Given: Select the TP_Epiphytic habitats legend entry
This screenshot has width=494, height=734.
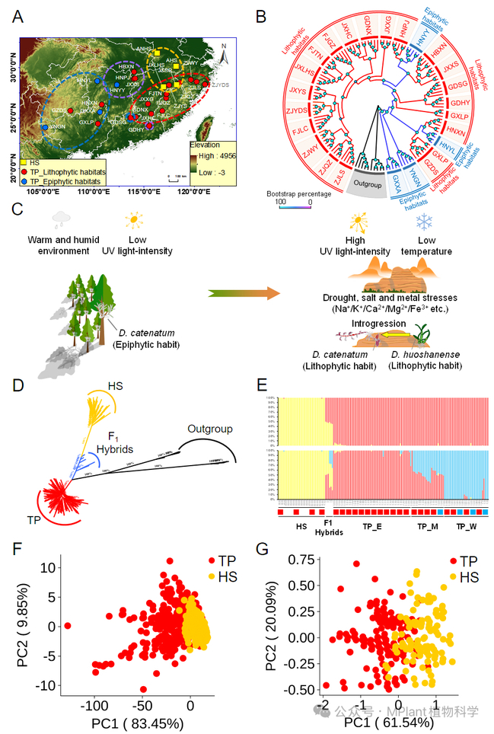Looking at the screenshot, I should pos(64,183).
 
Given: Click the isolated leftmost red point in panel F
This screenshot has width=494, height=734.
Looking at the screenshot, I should pos(67,625).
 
